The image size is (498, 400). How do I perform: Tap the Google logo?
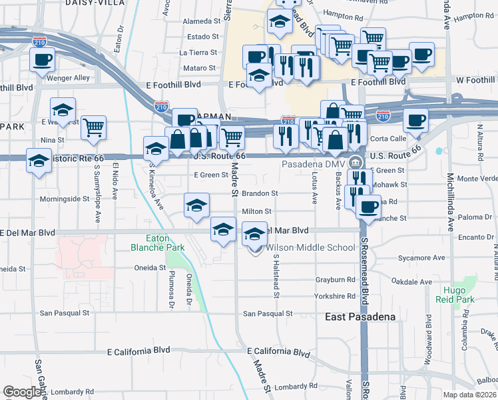coord(23,391)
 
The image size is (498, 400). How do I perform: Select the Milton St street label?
coord(257,211)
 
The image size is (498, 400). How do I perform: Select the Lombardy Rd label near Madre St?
coord(292,386)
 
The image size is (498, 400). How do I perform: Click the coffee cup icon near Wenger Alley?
coord(42,60)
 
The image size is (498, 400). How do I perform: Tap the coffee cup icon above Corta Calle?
coord(415,121)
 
